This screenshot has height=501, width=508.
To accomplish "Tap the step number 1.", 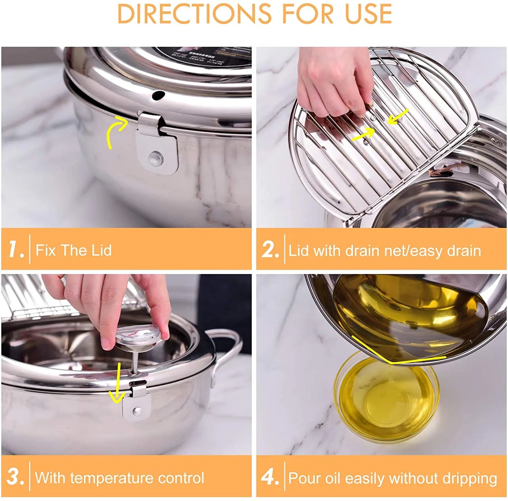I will click(16, 250).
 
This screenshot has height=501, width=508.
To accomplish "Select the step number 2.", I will click(270, 250).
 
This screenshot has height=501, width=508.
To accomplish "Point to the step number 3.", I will click(15, 477).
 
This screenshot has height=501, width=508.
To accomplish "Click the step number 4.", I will click(270, 477).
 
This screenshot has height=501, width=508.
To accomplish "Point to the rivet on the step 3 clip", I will click(137, 411).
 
